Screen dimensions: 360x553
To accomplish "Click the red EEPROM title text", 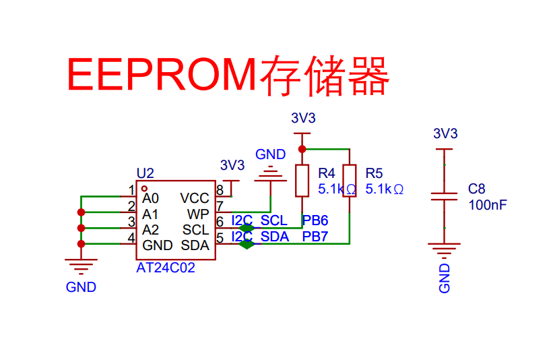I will pyautogui.click(x=228, y=74).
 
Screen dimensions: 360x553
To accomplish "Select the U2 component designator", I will pyautogui.click(x=145, y=173).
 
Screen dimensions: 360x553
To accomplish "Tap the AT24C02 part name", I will pyautogui.click(x=166, y=268).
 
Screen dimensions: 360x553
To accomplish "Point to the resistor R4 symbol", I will pyautogui.click(x=302, y=181).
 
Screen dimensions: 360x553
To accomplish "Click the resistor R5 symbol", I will pyautogui.click(x=350, y=181).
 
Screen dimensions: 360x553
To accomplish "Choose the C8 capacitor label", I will pyautogui.click(x=477, y=189).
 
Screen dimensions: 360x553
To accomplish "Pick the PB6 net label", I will pyautogui.click(x=315, y=220).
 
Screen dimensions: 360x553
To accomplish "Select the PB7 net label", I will pyautogui.click(x=315, y=237).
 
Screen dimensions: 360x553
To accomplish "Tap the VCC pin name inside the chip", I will pyautogui.click(x=195, y=198).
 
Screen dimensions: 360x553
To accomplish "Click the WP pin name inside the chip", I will pyautogui.click(x=198, y=214).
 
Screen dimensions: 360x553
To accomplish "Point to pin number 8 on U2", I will pyautogui.click(x=220, y=190).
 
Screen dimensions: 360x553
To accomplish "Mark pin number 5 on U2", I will pyautogui.click(x=220, y=237).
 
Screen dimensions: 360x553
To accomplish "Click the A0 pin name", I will pyautogui.click(x=150, y=199).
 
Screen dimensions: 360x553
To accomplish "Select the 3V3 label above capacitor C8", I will pyautogui.click(x=445, y=133).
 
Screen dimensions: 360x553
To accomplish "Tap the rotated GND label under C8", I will pyautogui.click(x=445, y=278).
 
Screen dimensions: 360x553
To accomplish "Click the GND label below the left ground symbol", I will pyautogui.click(x=81, y=287).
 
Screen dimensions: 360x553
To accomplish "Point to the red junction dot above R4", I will pyautogui.click(x=302, y=148).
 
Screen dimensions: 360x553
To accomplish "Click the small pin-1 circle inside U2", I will pyautogui.click(x=144, y=189).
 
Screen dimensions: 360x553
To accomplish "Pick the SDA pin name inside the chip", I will pyautogui.click(x=195, y=245).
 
